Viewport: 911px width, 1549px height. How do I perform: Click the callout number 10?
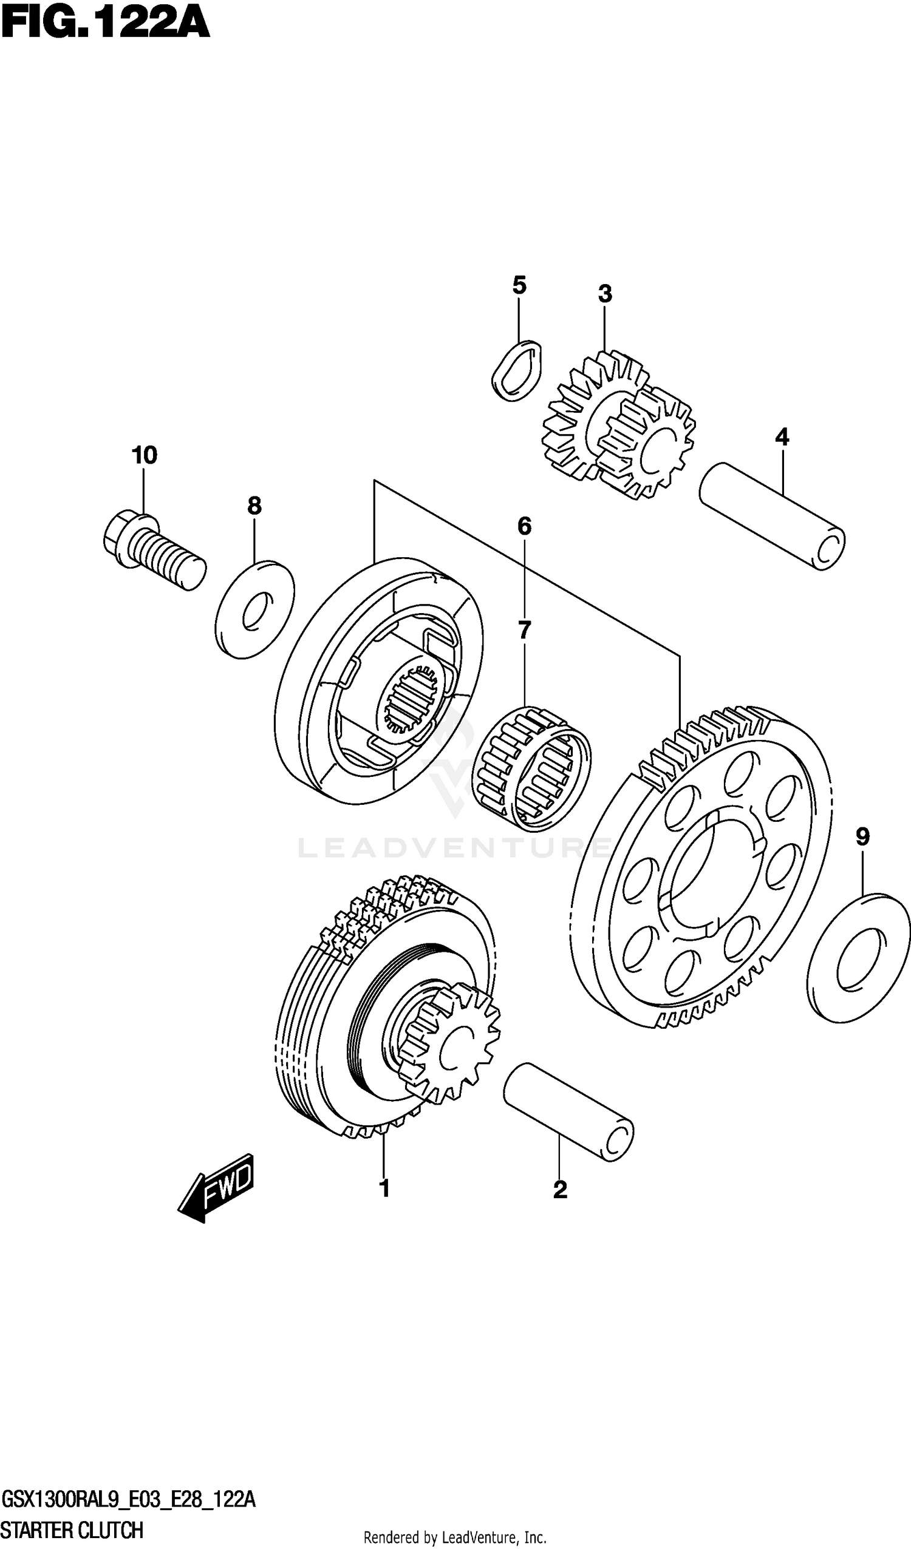pos(144,456)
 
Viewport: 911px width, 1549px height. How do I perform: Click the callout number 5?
pos(519,285)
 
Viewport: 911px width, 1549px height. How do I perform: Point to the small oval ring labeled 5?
pos(518,371)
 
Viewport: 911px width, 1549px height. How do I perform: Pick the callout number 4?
pos(781,437)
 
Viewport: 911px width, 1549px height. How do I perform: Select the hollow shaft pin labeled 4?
pos(772,517)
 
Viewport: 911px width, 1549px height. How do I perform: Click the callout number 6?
pos(524,526)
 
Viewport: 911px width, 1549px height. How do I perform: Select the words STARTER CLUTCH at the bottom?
pos(73,1531)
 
